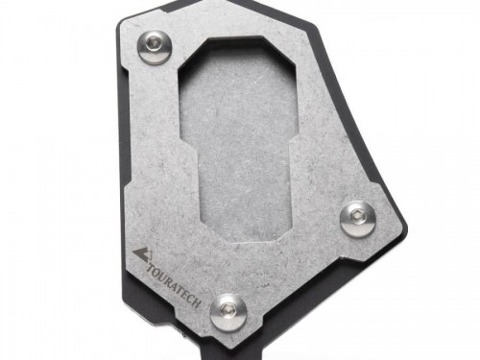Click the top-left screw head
(x=155, y=47)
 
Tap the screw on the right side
(x=357, y=220)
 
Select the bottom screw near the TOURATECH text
(x=228, y=312)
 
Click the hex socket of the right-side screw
(x=356, y=215)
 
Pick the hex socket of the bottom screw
(x=227, y=308)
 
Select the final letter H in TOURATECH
(x=197, y=303)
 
